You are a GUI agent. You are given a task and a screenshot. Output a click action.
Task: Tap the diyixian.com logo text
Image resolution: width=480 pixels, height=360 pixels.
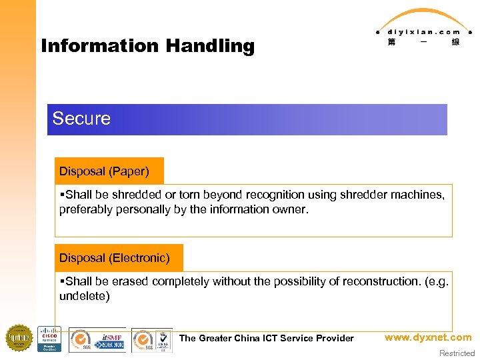[x=423, y=31]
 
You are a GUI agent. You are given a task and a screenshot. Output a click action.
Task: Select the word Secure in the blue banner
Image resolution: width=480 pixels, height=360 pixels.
[x=81, y=119]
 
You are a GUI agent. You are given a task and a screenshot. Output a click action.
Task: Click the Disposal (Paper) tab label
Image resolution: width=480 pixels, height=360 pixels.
[x=104, y=171]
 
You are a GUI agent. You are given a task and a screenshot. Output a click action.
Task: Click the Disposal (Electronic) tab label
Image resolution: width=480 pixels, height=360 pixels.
[x=114, y=257]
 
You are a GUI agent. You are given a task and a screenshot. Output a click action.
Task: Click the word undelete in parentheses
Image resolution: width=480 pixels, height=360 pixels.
[x=82, y=296]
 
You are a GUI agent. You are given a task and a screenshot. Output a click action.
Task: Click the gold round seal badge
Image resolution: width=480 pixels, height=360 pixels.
[x=19, y=338]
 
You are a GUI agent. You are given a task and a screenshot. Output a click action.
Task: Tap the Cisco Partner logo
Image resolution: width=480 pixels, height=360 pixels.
[x=49, y=339]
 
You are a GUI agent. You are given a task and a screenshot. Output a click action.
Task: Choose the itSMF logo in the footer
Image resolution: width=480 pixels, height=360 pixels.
[x=110, y=339]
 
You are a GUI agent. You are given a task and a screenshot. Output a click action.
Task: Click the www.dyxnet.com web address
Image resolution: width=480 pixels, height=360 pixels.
[x=428, y=337]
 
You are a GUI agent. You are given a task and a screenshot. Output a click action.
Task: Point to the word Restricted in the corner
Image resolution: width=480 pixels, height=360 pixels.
[x=457, y=353]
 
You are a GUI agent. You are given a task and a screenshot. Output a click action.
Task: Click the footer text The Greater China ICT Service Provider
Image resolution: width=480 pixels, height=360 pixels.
[x=266, y=338]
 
